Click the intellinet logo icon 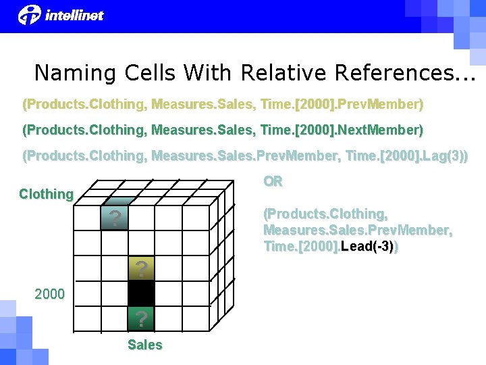29,14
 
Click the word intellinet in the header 74,15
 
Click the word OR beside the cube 273,182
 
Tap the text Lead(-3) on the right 368,247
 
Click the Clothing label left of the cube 46,194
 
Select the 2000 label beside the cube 50,294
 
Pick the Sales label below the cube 144,345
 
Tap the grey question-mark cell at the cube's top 115,218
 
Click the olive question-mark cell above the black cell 141,269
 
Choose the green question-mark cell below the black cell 141,318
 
